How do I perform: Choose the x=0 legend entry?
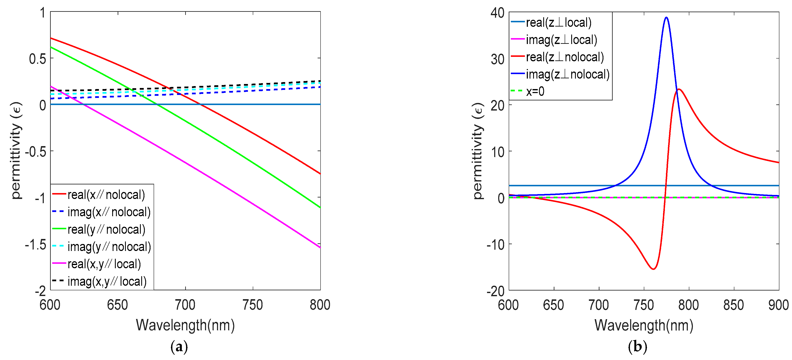point(535,92)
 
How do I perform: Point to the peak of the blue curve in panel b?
point(666,17)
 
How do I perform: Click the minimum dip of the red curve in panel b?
point(653,269)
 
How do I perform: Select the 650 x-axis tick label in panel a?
point(117,305)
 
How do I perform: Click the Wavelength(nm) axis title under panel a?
point(185,325)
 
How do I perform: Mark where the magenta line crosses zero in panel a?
point(84,104)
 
